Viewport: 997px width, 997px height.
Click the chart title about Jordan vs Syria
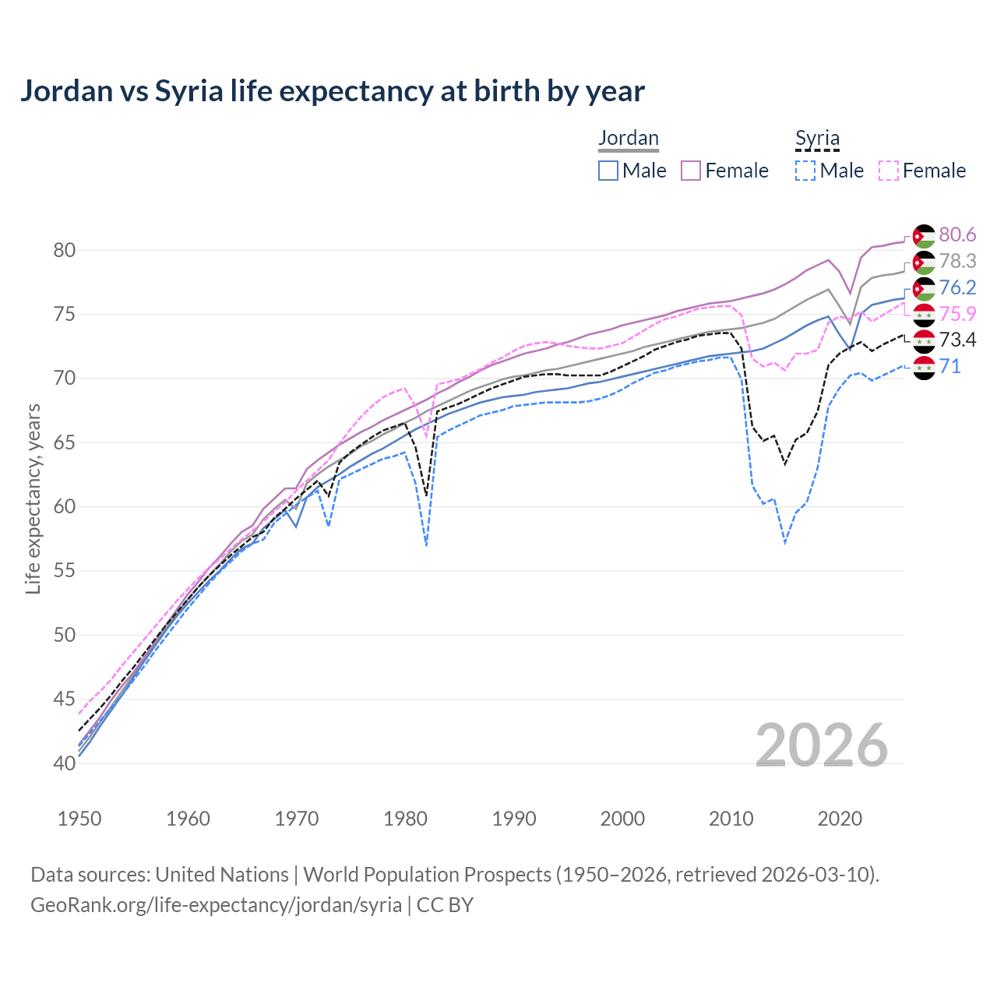tap(332, 91)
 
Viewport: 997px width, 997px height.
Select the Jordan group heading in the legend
tap(628, 138)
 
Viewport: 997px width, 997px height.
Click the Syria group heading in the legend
tap(817, 139)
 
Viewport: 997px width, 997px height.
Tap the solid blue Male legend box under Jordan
tap(608, 171)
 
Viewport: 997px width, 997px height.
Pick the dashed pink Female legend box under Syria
tap(889, 171)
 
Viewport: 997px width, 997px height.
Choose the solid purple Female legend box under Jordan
tap(691, 171)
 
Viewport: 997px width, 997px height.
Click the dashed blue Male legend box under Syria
tap(805, 171)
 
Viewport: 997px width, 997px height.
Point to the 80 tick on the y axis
tap(65, 250)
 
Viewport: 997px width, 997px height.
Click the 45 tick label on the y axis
tap(65, 699)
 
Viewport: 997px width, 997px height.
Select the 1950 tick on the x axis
tap(79, 819)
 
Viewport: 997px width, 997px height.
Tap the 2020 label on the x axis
tap(840, 819)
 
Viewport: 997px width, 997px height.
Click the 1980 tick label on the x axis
tap(405, 819)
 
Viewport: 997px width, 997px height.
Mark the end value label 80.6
tap(957, 234)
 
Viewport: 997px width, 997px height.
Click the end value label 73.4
tap(957, 340)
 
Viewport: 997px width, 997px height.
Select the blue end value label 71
tap(949, 366)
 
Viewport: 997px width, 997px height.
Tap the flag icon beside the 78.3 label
tap(924, 262)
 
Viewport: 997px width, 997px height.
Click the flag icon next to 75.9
tap(924, 315)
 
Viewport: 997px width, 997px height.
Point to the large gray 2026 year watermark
tap(822, 745)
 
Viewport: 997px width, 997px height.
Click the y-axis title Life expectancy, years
tap(33, 498)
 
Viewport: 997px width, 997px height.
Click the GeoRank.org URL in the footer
tap(216, 905)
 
